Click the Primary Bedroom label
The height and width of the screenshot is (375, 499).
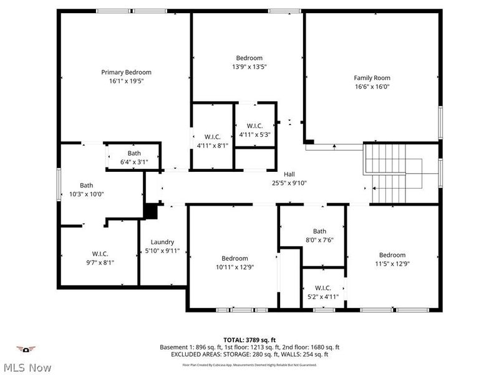pyautogui.click(x=126, y=72)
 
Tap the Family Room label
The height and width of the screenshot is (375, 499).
pyautogui.click(x=372, y=78)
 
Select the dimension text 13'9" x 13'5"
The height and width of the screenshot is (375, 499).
pyautogui.click(x=249, y=67)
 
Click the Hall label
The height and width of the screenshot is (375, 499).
pyautogui.click(x=289, y=174)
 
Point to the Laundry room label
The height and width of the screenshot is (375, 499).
pyautogui.click(x=162, y=242)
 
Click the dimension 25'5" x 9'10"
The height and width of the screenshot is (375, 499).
pyautogui.click(x=289, y=183)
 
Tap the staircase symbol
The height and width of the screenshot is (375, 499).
pyautogui.click(x=393, y=172)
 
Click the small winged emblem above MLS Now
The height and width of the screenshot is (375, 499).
pyautogui.click(x=26, y=349)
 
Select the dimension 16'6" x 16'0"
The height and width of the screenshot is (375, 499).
pyautogui.click(x=372, y=87)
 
